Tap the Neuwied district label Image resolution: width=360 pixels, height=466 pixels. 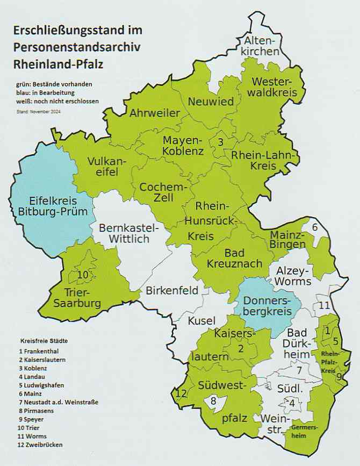pos(211,102)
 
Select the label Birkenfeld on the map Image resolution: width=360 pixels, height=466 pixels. pos(171,291)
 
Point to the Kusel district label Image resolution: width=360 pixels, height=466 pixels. pos(200,321)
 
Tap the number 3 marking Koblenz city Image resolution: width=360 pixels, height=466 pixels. pos(220,142)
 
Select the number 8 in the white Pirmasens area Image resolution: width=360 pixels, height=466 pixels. pos(213,400)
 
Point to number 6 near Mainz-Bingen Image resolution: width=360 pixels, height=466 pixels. pos(315,227)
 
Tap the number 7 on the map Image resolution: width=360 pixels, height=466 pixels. pos(300,370)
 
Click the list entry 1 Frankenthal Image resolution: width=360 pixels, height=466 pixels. pos(40,350)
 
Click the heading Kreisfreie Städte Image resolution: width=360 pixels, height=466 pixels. pos(44,341)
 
